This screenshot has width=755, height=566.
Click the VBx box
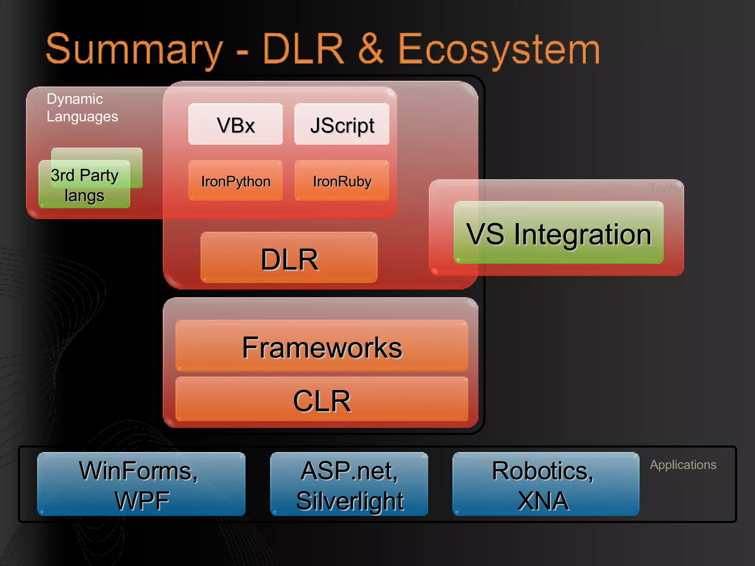235,124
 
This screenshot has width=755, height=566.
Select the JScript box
342,124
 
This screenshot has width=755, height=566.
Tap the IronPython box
235,181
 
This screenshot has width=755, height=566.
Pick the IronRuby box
342,181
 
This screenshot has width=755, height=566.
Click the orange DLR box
289,258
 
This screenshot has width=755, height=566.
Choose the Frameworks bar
322,346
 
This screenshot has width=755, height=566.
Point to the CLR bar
322,400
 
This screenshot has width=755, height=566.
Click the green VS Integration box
559,233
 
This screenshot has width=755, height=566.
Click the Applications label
683,465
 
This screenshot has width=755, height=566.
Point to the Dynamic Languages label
82,108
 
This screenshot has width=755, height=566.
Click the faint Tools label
663,188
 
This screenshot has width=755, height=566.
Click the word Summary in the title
135,50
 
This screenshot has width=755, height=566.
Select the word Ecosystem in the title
498,50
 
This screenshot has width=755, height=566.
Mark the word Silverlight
350,501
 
